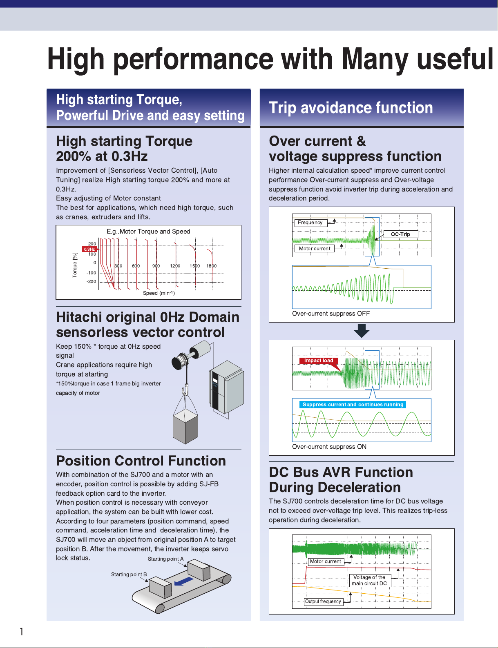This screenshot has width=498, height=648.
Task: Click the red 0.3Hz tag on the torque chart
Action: [x=89, y=249]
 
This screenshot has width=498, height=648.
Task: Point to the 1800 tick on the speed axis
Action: [x=212, y=266]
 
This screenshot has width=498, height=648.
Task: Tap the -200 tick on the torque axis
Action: [x=91, y=281]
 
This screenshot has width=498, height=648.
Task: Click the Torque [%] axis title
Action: [x=75, y=265]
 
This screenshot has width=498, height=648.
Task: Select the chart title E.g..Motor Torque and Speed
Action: [x=148, y=232]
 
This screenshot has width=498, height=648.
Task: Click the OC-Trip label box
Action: [x=400, y=234]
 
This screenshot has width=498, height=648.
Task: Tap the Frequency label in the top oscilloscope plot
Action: [x=310, y=223]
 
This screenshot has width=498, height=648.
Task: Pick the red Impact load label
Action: [x=319, y=361]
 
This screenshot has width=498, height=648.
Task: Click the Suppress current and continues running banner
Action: [x=353, y=404]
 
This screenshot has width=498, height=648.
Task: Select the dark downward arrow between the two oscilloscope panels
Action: [x=361, y=330]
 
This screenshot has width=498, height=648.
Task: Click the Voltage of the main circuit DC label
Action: [x=370, y=580]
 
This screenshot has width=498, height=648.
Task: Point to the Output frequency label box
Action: [x=323, y=601]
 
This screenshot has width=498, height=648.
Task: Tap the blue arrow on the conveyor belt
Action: [x=184, y=581]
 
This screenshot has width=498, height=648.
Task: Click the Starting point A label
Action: [x=165, y=559]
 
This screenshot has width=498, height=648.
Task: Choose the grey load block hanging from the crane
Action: [x=185, y=426]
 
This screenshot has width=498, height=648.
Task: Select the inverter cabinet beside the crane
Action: [x=226, y=387]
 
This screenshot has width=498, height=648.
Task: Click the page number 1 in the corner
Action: [x=22, y=632]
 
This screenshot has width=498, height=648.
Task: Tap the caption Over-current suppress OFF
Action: [x=331, y=314]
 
